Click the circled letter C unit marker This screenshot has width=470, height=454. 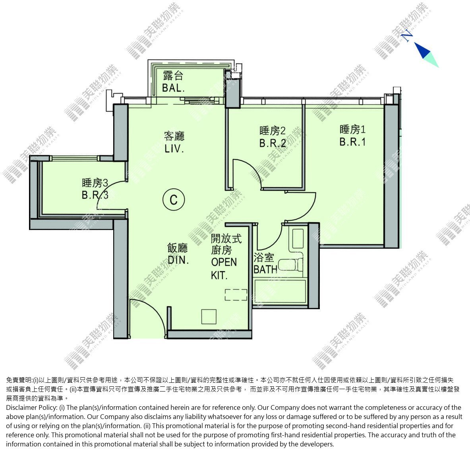click(174, 200)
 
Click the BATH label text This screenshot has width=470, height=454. click(265, 269)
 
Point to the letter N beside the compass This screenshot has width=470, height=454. click(407, 36)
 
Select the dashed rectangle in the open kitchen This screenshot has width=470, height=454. click(236, 294)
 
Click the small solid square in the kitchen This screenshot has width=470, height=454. click(209, 316)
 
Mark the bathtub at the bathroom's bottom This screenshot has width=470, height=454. click(280, 292)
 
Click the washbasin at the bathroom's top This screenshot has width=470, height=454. click(298, 238)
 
